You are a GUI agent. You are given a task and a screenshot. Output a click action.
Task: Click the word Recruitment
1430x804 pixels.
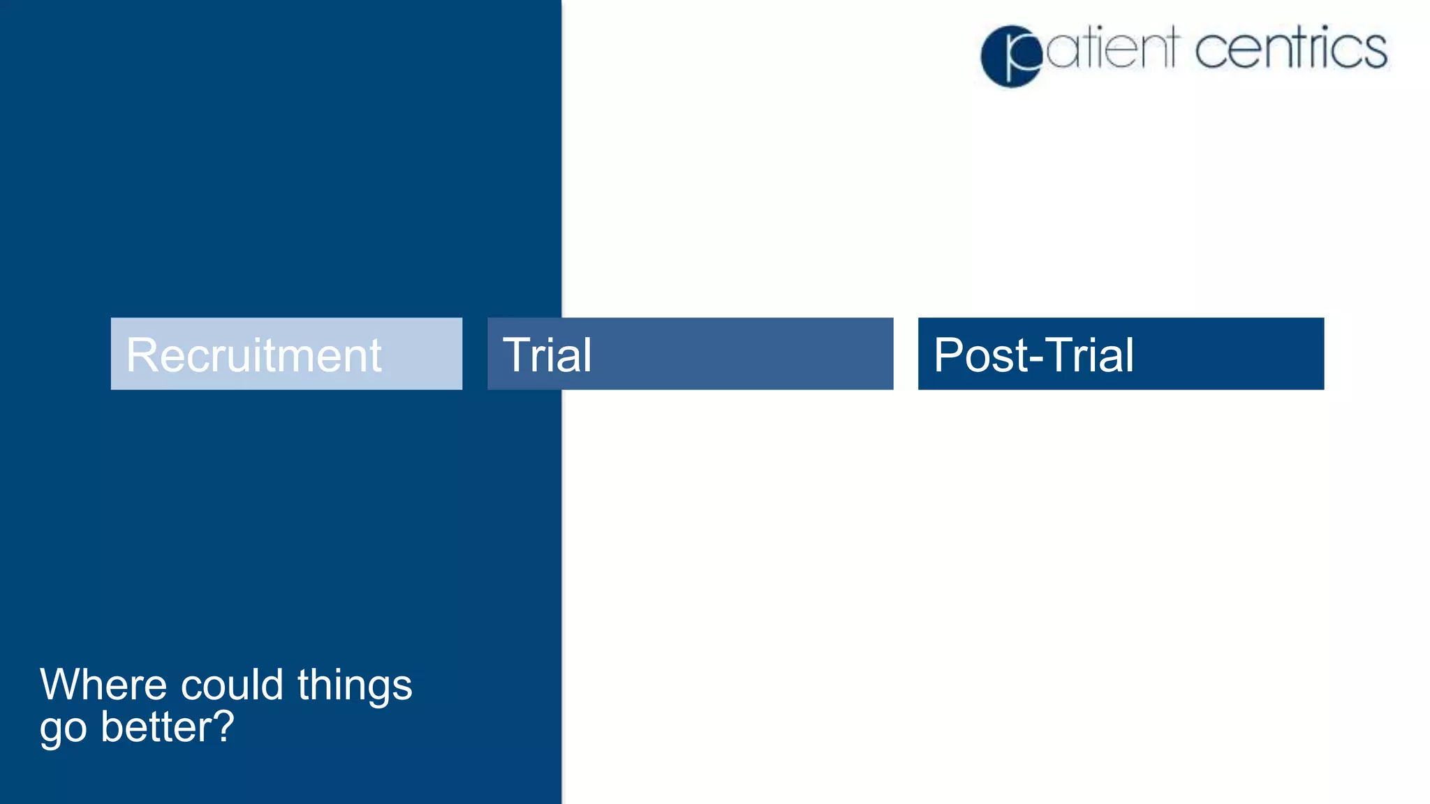coord(253,355)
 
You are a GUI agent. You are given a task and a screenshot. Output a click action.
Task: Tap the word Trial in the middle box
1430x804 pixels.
coord(547,355)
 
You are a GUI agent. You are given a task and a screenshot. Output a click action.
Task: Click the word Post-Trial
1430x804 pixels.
coord(1033,355)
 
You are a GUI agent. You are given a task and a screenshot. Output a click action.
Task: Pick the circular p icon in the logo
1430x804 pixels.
coord(1011,57)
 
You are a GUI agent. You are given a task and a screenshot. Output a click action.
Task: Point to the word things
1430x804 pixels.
coord(355,685)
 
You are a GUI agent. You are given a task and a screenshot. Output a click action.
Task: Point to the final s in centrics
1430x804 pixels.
coord(1376,52)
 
